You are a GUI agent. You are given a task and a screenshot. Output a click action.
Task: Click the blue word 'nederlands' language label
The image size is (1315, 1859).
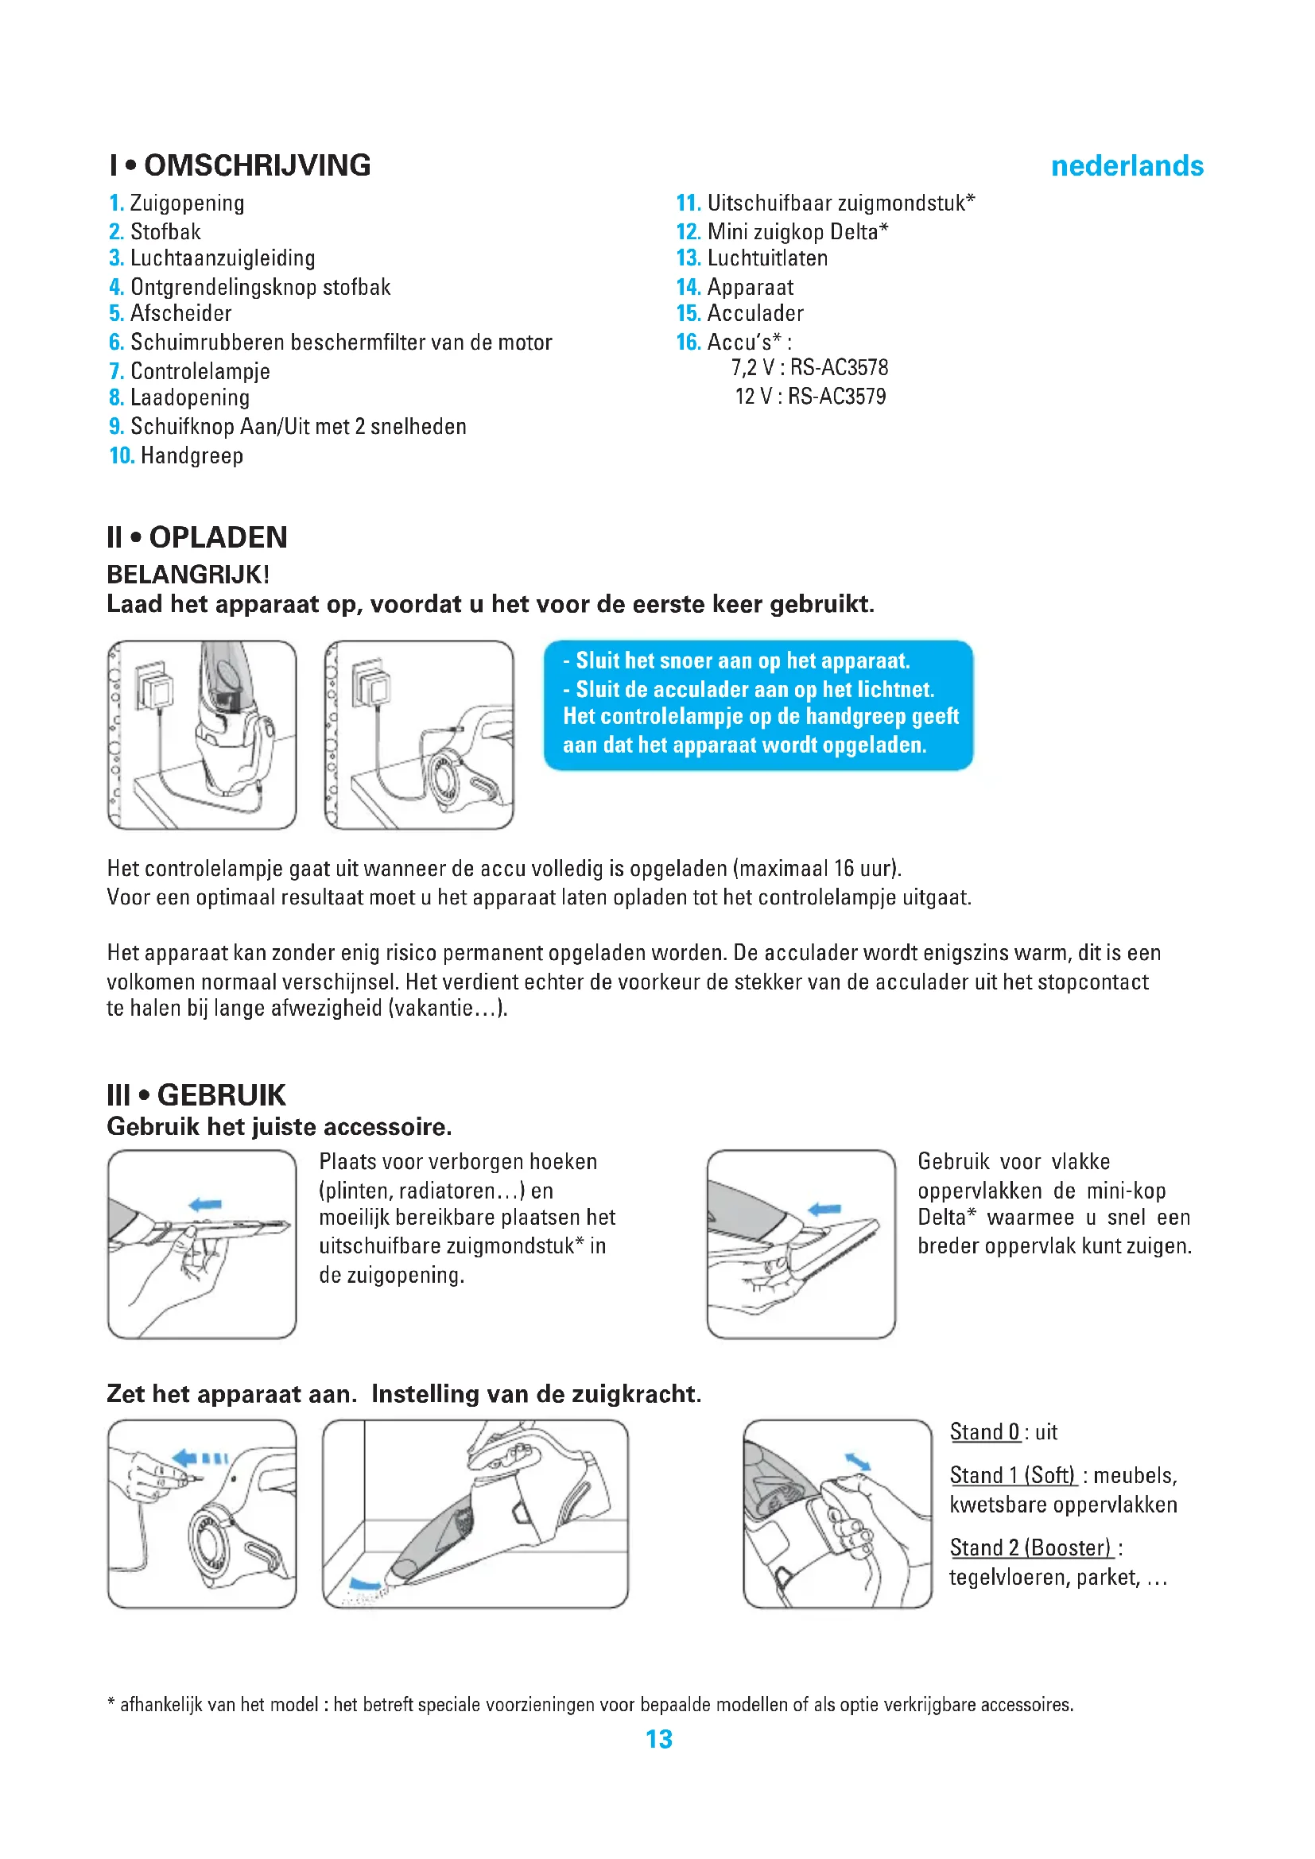coord(1127,166)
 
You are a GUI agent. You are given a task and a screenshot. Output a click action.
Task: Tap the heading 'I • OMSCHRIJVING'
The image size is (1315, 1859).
coord(239,165)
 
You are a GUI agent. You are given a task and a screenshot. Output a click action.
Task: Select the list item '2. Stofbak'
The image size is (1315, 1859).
coord(155,231)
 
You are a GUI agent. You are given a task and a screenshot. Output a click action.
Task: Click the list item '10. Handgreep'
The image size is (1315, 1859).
coord(176,456)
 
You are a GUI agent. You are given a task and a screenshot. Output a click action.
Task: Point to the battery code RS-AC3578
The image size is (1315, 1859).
coord(839,368)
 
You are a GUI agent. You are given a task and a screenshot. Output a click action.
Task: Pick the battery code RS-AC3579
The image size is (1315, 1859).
coord(836,397)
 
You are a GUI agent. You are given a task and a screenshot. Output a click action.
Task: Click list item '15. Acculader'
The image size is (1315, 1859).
coord(739,313)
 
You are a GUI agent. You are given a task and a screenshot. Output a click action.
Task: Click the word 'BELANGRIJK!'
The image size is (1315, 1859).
coord(188,575)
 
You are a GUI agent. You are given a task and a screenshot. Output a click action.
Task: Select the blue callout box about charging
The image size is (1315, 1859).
coord(758,704)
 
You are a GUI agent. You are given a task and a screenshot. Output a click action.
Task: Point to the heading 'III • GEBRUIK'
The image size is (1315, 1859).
coord(196,1095)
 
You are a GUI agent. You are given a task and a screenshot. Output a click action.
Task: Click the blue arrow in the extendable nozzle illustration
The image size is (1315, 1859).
coord(205,1205)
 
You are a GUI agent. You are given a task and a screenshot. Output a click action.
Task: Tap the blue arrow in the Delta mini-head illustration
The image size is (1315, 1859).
coord(825,1209)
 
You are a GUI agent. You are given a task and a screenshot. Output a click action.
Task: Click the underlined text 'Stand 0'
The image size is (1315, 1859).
coord(984,1431)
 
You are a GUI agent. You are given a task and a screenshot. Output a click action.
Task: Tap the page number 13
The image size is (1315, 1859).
coord(659,1738)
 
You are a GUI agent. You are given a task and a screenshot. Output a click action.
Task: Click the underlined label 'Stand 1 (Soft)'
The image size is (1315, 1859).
coord(1012,1475)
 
